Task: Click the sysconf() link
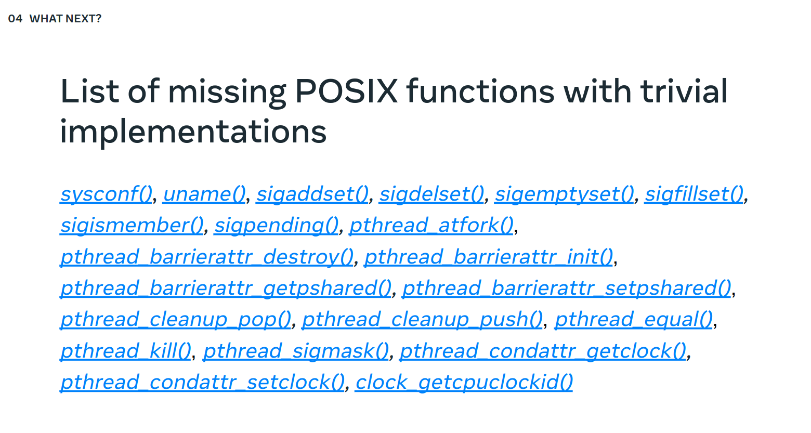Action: coord(106,194)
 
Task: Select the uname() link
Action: coord(204,194)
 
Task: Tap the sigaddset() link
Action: coord(312,194)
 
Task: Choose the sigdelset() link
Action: coord(431,194)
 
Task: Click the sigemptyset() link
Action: coord(565,194)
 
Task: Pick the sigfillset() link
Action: coord(694,194)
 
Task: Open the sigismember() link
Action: coord(132,225)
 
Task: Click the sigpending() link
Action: coord(276,225)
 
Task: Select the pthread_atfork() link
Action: coord(431,225)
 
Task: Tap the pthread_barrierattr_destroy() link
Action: coord(207,257)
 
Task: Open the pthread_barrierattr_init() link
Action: coord(489,257)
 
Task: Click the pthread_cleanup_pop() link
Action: coord(176,319)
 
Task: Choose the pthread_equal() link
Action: coord(634,319)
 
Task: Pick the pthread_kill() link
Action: coord(126,350)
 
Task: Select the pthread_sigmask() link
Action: coord(296,350)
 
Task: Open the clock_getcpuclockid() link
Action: coord(464,382)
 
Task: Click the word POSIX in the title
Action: coord(346,91)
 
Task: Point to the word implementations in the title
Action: coord(193,132)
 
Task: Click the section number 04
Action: coord(15,19)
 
